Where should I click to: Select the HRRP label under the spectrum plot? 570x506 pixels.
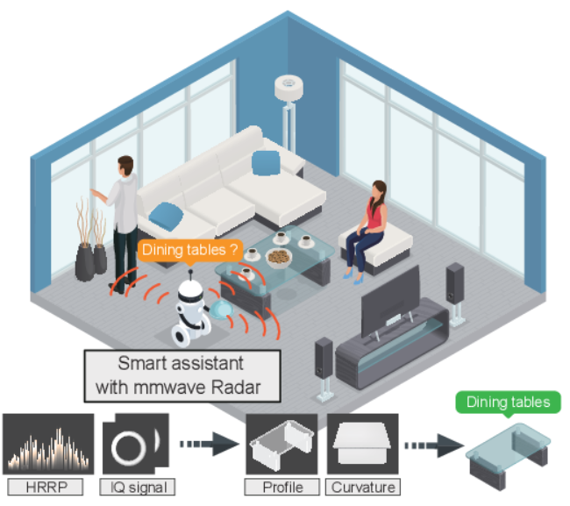coord(49,485)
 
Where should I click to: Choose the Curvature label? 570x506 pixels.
coord(363,485)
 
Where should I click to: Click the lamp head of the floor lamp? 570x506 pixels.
coord(288,87)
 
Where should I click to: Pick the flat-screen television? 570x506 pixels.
coord(390,299)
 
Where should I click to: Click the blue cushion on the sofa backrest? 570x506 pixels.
coord(265,162)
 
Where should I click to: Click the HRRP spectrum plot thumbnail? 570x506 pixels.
coord(49,444)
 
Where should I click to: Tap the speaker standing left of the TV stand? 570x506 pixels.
coord(324,360)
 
